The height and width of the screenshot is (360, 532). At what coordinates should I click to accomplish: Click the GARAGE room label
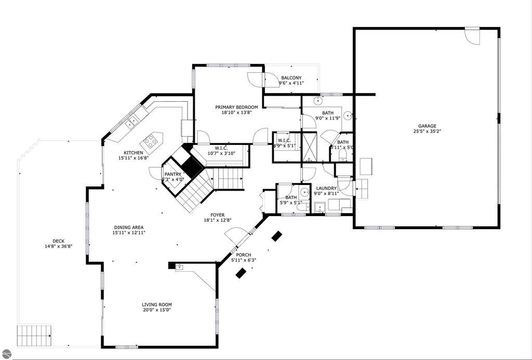(427, 126)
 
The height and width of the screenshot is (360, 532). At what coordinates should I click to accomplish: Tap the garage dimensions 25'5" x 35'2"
(427, 131)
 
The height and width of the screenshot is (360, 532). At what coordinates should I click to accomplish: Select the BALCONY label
(291, 78)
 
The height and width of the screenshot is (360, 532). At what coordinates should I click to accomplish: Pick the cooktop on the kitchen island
(151, 139)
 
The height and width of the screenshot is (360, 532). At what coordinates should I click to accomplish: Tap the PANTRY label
(172, 174)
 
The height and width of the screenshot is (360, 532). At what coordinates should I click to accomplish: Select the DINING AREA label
(128, 227)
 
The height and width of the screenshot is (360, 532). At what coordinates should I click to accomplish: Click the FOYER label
(217, 215)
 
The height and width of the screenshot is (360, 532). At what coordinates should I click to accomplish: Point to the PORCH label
(244, 255)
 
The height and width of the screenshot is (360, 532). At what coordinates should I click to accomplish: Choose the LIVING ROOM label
(156, 304)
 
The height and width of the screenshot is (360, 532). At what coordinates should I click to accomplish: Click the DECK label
(58, 241)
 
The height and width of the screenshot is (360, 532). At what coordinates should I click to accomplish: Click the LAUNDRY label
(326, 189)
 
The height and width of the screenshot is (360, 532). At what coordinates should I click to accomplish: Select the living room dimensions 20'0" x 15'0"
(156, 310)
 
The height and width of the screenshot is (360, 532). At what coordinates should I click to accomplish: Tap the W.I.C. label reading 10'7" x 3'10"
(222, 150)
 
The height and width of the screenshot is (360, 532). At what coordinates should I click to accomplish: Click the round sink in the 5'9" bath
(305, 192)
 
